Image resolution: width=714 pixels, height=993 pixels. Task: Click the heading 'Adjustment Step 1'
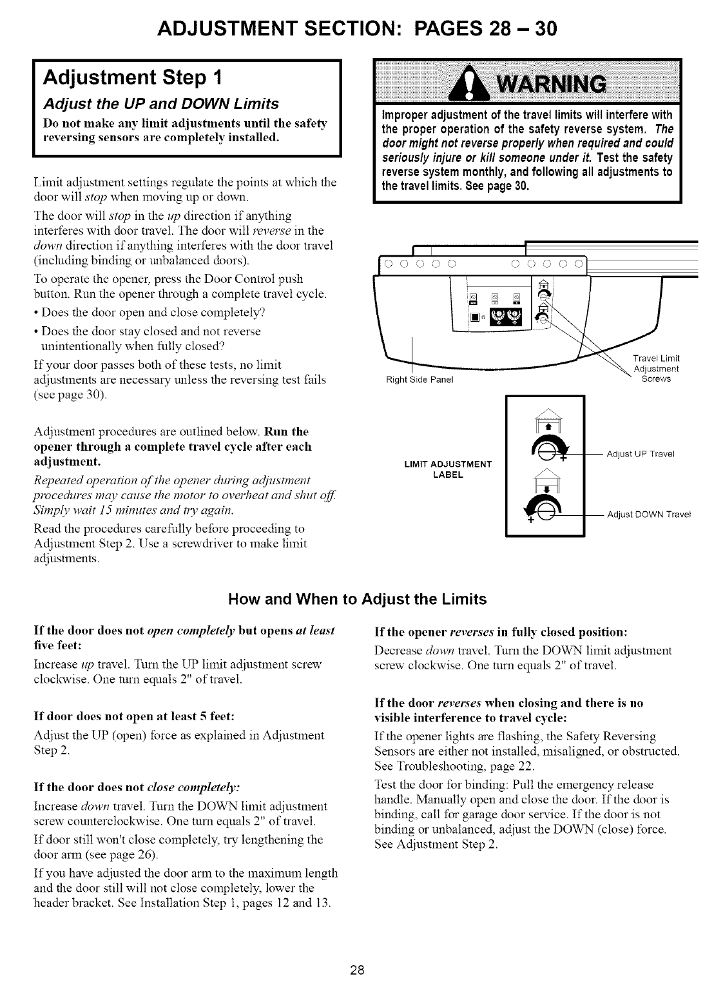click(x=132, y=77)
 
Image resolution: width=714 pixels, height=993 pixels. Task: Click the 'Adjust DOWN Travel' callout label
click(x=648, y=514)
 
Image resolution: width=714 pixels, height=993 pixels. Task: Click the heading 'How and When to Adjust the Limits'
click(x=357, y=600)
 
